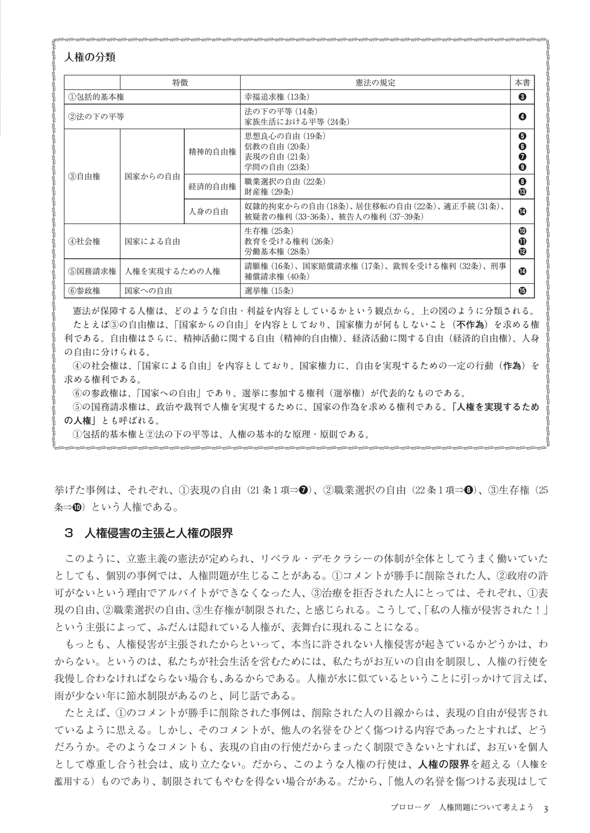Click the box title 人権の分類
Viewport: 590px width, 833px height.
90,57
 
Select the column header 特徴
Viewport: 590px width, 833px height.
180,82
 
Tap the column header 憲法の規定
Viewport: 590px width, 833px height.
375,82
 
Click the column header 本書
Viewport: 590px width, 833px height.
522,82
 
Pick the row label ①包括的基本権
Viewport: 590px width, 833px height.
96,97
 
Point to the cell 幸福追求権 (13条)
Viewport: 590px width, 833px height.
277,97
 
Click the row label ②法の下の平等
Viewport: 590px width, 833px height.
96,117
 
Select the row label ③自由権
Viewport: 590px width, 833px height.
85,176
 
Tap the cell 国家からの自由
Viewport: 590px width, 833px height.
152,176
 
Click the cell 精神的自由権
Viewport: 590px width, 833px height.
212,152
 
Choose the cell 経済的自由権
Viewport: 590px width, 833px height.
212,187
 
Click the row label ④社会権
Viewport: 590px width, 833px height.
85,241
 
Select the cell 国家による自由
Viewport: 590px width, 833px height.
152,241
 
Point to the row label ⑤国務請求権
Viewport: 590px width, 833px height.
92,272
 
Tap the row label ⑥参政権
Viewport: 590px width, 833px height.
85,291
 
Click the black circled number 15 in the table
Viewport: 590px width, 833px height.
522,291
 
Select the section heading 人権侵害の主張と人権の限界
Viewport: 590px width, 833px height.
158,534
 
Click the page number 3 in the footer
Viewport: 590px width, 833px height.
545,808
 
